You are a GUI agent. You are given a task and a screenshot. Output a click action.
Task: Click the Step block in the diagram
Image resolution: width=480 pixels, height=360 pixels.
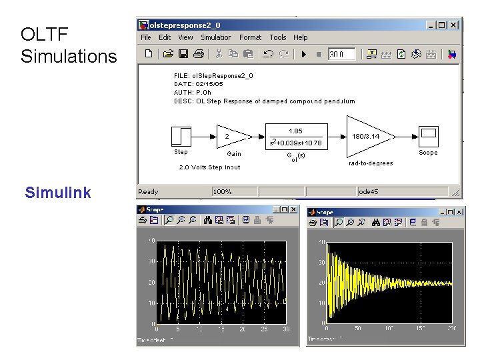[x=181, y=136]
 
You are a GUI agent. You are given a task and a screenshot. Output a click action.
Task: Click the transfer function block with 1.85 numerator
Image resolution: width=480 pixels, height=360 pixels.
[x=295, y=137]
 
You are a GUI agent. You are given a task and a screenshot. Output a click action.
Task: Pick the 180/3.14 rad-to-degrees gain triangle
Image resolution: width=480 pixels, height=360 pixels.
[x=366, y=137]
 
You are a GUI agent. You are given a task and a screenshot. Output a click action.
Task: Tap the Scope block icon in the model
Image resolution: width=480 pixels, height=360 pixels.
[x=428, y=136]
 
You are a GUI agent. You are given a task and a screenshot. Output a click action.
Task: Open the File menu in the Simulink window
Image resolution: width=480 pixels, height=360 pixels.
[x=146, y=37]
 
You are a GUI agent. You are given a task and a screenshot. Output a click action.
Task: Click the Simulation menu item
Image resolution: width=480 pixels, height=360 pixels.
[x=216, y=37]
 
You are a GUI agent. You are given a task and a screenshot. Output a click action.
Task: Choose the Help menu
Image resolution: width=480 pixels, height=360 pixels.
[x=301, y=37]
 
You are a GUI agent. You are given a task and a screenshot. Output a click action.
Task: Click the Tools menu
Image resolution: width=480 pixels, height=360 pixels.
[x=278, y=37]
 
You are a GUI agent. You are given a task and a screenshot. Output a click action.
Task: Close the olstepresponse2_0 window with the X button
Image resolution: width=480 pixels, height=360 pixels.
[x=453, y=25]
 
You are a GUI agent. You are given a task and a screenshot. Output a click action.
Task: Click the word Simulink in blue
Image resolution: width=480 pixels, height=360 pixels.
[x=58, y=193]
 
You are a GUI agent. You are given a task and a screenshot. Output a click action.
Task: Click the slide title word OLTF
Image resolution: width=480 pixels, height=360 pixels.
[x=44, y=34]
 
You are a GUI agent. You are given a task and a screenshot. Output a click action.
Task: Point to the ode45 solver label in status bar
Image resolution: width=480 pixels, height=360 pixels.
[x=368, y=192]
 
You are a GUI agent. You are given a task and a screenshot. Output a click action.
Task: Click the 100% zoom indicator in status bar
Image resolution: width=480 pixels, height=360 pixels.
[x=222, y=192]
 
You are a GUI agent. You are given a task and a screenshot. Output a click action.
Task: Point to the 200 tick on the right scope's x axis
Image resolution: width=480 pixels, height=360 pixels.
[x=451, y=329]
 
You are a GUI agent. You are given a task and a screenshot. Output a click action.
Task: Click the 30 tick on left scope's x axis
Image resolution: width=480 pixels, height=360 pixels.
[x=285, y=329]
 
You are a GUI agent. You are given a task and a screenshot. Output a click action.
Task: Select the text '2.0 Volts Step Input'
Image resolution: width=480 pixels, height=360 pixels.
[x=209, y=167]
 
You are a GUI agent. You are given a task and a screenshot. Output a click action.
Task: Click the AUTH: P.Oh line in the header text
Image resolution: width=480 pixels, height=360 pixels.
[x=193, y=93]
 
